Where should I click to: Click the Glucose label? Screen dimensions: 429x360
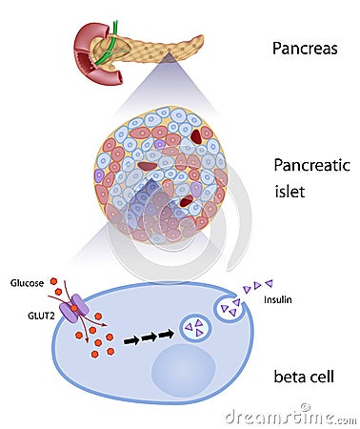(27, 283)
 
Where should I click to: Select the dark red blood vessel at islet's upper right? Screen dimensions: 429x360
(196, 136)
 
